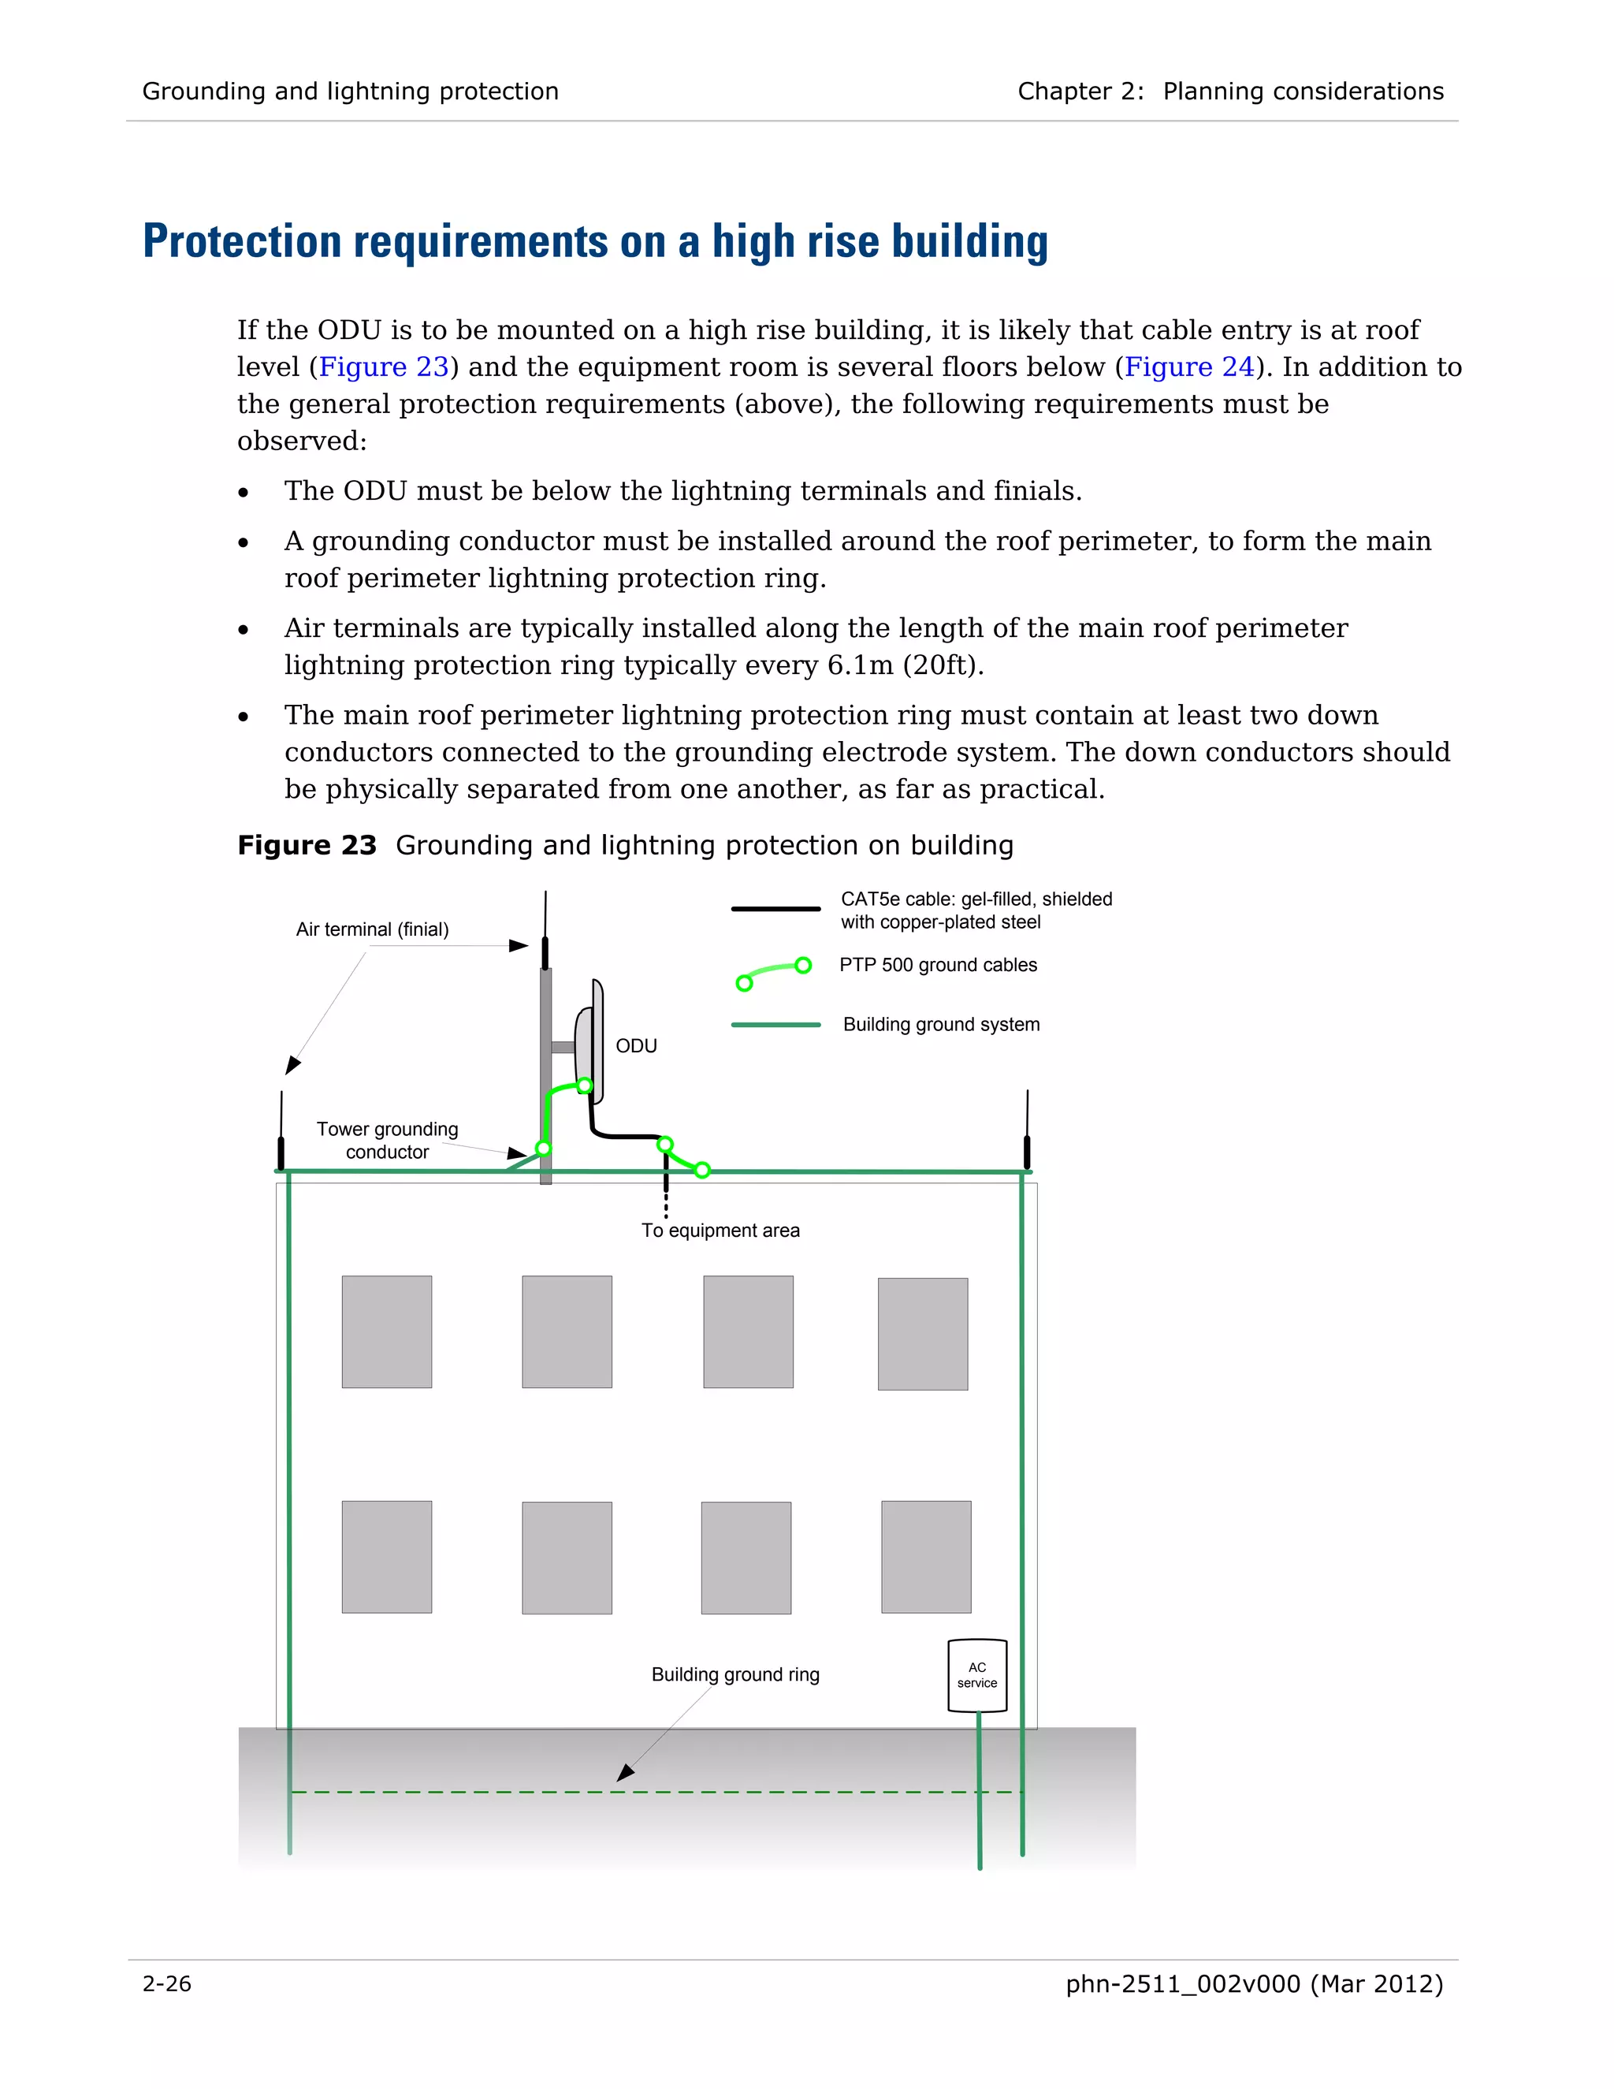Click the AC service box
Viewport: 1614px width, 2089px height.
point(976,1675)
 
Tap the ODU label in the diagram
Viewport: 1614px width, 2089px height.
point(636,1045)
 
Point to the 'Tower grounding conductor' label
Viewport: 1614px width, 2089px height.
point(387,1140)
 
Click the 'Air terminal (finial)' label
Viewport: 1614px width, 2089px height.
point(372,929)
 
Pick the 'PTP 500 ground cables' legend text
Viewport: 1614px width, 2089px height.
point(937,964)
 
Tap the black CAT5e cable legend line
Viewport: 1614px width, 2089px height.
point(775,909)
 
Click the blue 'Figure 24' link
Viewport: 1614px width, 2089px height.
point(1188,367)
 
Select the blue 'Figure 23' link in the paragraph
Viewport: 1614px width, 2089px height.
point(384,367)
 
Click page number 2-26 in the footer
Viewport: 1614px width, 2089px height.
point(167,1984)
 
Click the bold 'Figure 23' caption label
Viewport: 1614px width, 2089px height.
point(307,846)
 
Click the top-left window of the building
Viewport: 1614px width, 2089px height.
point(386,1331)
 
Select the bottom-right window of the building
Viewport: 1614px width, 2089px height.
point(925,1556)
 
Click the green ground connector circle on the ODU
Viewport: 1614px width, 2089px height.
point(584,1085)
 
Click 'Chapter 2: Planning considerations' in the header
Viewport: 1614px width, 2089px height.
point(1229,91)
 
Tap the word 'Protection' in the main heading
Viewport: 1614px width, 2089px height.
point(241,241)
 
